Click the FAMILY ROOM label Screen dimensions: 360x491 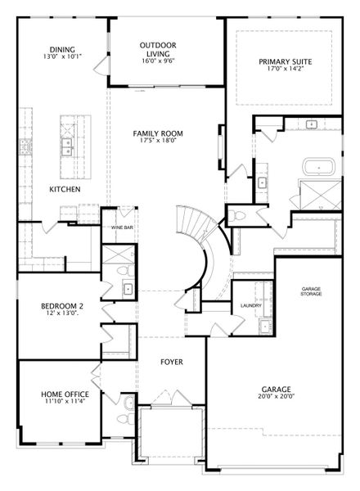[158, 133]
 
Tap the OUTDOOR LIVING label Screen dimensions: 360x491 [158, 49]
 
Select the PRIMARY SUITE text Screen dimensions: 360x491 [286, 61]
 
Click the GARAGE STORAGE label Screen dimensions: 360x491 [311, 291]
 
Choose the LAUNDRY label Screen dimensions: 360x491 [251, 305]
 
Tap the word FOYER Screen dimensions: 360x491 [172, 362]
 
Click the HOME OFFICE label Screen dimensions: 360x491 [65, 394]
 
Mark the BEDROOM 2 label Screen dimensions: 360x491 [62, 306]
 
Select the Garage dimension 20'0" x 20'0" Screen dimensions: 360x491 [276, 396]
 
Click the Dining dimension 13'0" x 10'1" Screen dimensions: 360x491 [63, 56]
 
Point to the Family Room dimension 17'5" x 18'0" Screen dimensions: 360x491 [158, 140]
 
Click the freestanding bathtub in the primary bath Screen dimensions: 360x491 [318, 169]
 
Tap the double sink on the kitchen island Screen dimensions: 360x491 [67, 146]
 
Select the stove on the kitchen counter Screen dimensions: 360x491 [25, 146]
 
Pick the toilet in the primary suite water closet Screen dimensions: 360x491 [236, 215]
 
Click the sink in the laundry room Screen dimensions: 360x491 [265, 326]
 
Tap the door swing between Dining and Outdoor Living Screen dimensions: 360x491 [101, 65]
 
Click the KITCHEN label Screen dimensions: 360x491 [65, 189]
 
